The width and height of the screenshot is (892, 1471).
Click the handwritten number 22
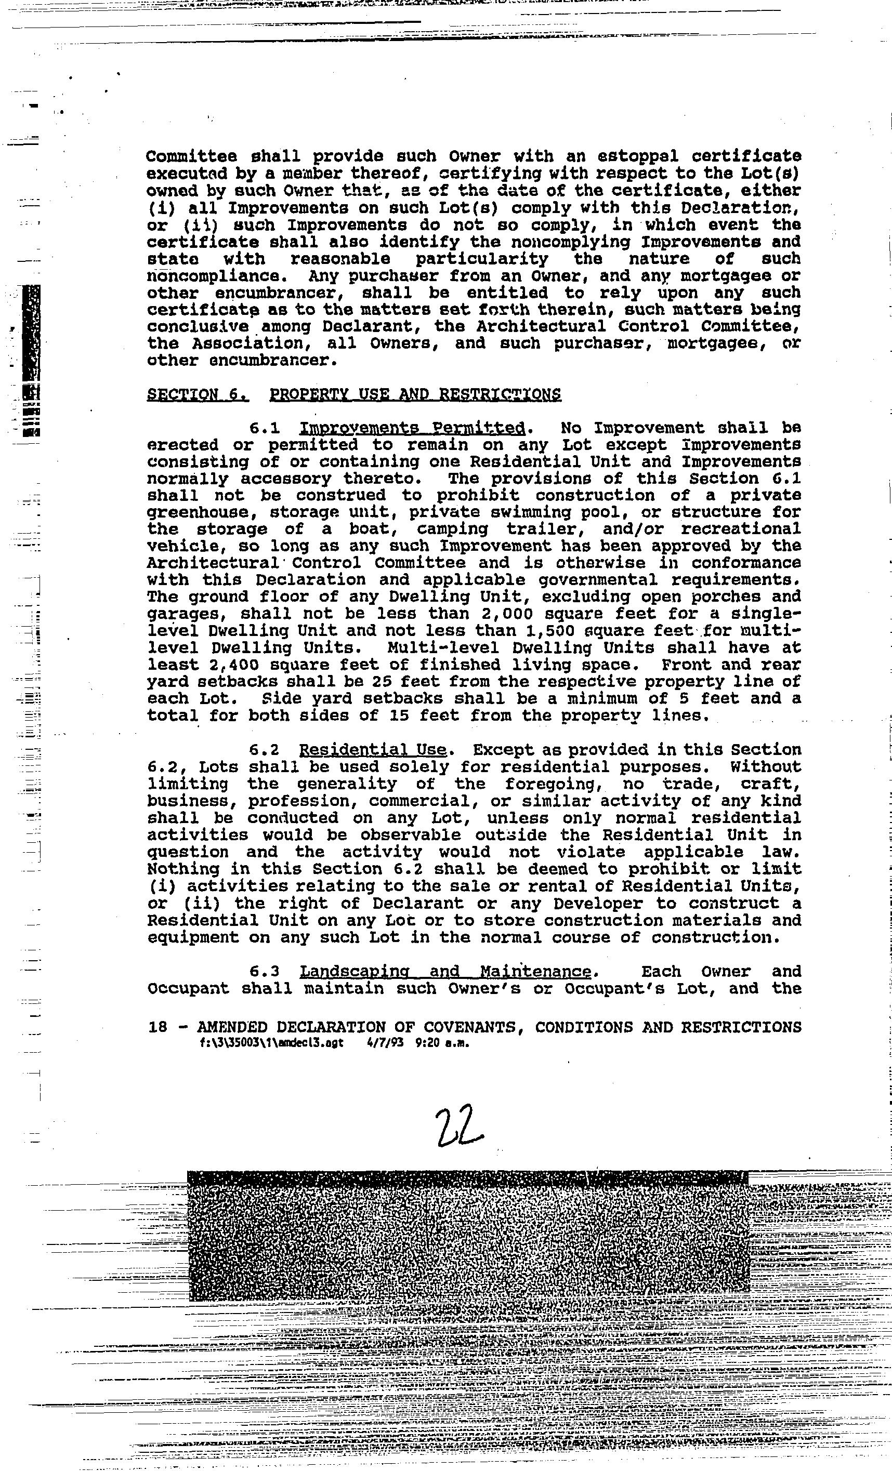pyautogui.click(x=459, y=1126)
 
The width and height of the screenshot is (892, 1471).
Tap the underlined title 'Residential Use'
pyautogui.click(x=373, y=750)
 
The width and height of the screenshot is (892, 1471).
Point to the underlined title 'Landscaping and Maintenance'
pyautogui.click(x=445, y=972)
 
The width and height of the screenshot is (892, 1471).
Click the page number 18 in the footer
pyautogui.click(x=158, y=1027)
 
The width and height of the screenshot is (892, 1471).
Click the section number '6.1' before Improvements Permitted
pyautogui.click(x=265, y=429)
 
